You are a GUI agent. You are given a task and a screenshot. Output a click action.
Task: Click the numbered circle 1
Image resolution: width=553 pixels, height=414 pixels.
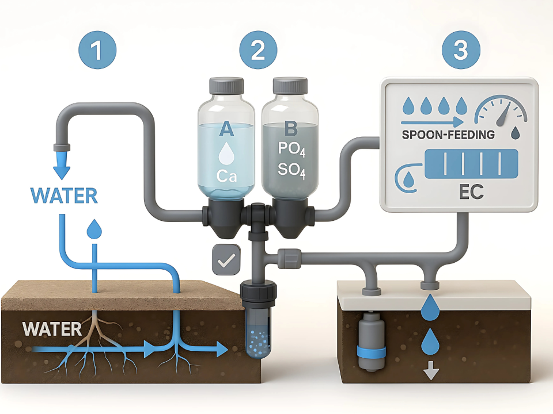pyautogui.click(x=97, y=51)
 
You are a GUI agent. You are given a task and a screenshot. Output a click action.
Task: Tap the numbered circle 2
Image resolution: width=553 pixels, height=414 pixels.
pyautogui.click(x=257, y=51)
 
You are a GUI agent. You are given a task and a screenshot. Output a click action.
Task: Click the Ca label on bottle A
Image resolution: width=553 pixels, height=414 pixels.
pyautogui.click(x=226, y=175)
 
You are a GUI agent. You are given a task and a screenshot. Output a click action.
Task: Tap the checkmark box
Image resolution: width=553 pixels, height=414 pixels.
pyautogui.click(x=223, y=260)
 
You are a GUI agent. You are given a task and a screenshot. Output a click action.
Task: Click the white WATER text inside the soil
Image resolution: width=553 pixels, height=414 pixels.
pyautogui.click(x=52, y=329)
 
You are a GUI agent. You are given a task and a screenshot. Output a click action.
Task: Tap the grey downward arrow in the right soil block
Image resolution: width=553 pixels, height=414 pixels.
pyautogui.click(x=428, y=373)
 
